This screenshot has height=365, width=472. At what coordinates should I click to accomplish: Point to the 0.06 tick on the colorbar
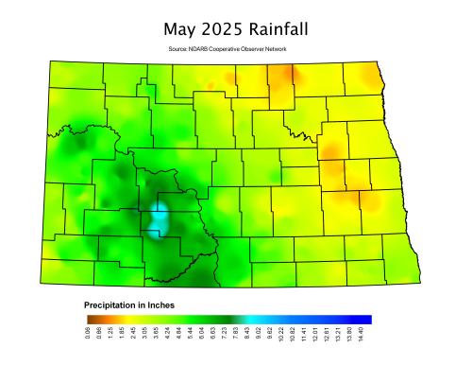tap(88, 335)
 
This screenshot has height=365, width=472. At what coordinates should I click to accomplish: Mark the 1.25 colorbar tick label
tap(110, 335)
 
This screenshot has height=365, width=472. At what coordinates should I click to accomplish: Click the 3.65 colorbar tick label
tap(156, 335)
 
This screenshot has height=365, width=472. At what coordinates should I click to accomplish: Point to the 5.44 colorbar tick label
tap(190, 335)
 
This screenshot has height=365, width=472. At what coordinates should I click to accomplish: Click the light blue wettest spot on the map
tap(161, 217)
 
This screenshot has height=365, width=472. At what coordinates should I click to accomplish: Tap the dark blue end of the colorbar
tap(367, 319)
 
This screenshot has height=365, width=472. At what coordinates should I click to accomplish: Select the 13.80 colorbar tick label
tap(348, 335)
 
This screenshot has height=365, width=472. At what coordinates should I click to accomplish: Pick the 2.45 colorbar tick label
tap(133, 335)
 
